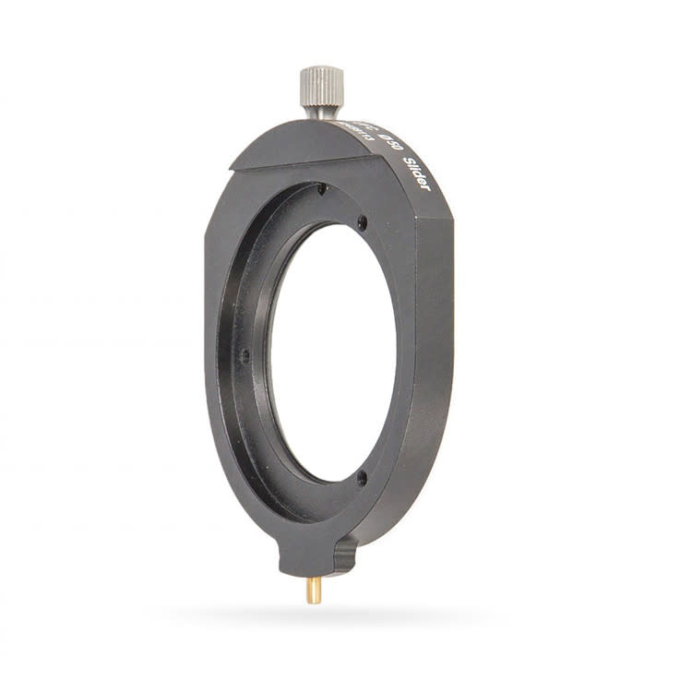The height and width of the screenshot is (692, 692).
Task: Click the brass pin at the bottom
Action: (x=314, y=590)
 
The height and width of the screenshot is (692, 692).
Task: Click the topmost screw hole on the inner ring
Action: (x=321, y=189)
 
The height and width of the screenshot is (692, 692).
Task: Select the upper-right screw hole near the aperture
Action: (x=363, y=222)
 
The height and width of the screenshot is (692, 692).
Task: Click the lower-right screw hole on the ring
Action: (x=362, y=476)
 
